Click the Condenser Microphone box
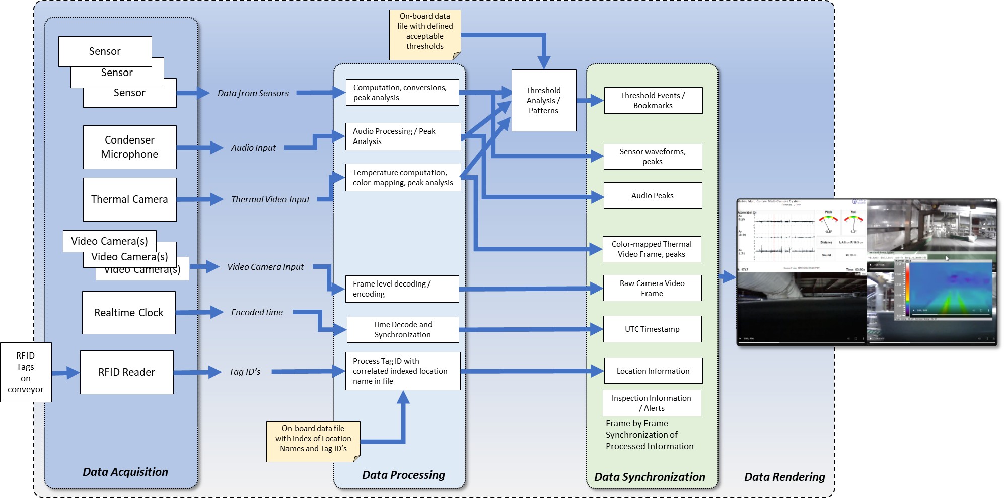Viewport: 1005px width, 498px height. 129,147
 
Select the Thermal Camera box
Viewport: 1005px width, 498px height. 129,199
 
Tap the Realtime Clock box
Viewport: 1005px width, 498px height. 129,313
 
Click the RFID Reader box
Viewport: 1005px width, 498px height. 126,372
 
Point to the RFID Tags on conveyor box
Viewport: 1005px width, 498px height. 26,372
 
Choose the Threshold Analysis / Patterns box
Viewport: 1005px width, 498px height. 543,100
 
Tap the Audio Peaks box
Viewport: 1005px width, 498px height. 653,196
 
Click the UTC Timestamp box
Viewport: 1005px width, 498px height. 652,329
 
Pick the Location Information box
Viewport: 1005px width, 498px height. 653,371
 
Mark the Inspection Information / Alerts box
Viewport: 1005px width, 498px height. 652,403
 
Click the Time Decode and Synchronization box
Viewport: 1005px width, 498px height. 402,330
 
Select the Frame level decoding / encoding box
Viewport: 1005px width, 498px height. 402,289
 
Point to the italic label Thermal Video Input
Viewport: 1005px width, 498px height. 270,199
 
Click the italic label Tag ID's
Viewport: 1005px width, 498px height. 245,372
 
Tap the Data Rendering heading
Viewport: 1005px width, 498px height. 784,477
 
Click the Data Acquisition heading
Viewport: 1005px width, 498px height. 125,472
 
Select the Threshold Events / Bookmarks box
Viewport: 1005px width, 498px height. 653,101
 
